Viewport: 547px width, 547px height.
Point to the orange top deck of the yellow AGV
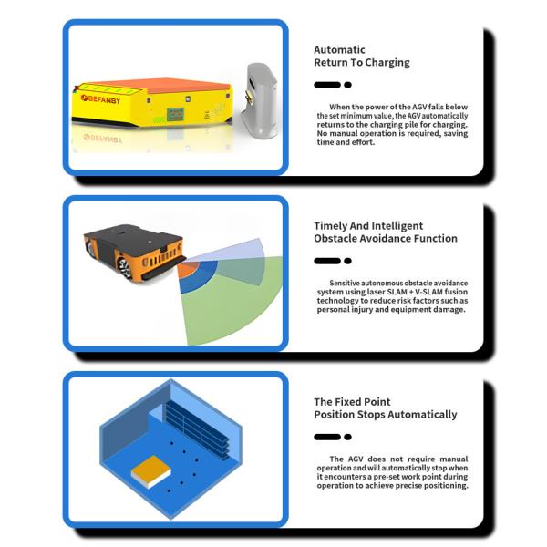(155, 86)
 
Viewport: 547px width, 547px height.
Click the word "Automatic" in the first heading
(339, 50)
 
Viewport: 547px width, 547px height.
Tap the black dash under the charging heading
(326, 85)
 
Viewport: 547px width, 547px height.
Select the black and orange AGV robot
(131, 247)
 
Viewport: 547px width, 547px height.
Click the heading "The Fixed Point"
(352, 401)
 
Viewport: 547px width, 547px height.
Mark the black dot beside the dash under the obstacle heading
(347, 261)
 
